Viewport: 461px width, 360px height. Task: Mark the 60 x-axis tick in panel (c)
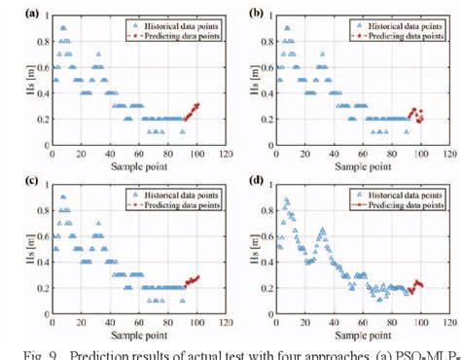(x=138, y=321)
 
